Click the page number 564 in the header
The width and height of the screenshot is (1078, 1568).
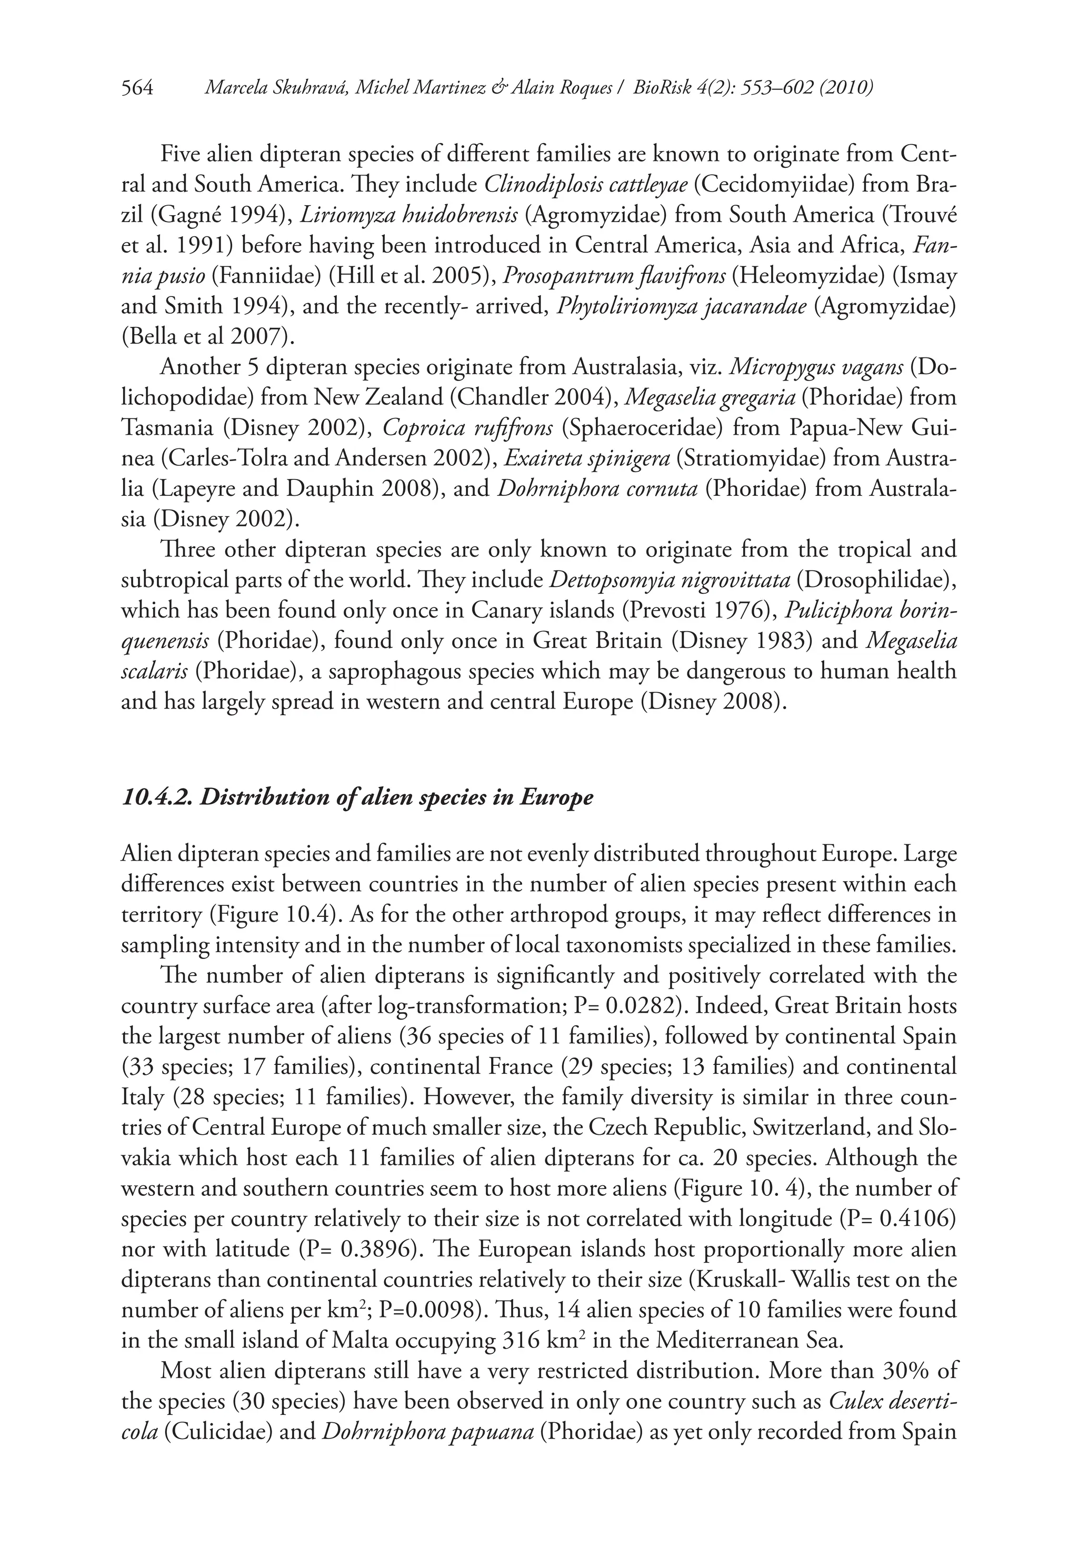[138, 88]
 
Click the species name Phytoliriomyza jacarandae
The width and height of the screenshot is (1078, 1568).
[682, 306]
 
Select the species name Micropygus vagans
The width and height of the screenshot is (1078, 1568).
[817, 367]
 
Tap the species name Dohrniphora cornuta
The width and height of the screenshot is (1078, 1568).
[597, 489]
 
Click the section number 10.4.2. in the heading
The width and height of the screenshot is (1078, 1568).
[157, 797]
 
